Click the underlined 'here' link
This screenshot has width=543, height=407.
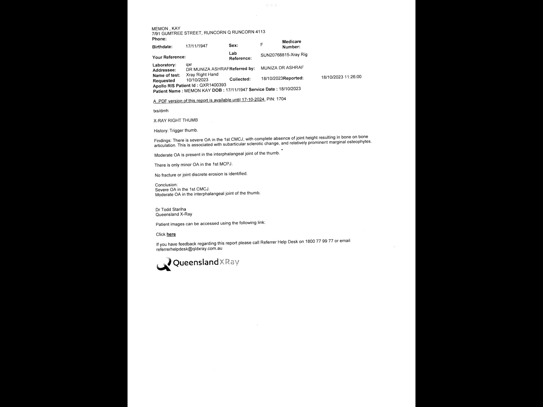click(171, 234)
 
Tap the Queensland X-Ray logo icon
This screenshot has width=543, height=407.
click(164, 264)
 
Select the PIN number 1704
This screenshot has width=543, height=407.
click(281, 99)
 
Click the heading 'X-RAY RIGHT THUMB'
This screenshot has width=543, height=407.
click(176, 120)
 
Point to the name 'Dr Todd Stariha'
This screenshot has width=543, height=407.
click(171, 209)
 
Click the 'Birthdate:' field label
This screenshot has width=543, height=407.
click(162, 47)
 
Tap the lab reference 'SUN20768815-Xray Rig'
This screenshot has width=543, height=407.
click(284, 55)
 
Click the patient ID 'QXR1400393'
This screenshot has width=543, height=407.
click(213, 85)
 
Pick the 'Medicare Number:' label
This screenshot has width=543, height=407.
click(291, 44)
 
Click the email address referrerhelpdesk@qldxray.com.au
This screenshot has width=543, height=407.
click(189, 249)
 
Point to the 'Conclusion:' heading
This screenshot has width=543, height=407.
click(166, 185)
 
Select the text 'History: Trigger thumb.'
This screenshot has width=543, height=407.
click(176, 131)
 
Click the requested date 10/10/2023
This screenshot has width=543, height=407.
click(197, 80)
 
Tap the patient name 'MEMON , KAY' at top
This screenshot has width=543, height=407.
click(166, 29)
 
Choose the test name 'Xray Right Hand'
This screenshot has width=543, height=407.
click(202, 75)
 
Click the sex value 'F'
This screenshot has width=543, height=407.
click(262, 45)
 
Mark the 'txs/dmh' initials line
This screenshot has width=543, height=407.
click(161, 111)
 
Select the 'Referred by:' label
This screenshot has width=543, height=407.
click(242, 69)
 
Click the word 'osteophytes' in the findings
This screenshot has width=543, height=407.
click(360, 141)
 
